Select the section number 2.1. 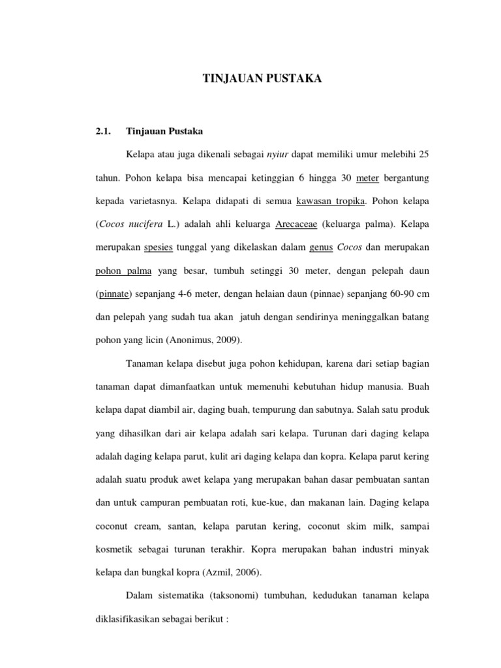[104, 130]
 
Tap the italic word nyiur [279, 154]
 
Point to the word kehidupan [275, 363]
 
